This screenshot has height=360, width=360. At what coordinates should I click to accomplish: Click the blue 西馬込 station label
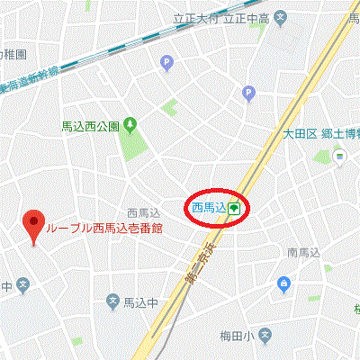[x=208, y=208]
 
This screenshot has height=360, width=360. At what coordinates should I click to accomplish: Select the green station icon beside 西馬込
[x=233, y=208]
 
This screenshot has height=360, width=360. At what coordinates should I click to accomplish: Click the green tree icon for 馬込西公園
[x=130, y=124]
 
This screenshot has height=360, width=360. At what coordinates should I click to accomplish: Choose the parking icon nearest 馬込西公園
[x=166, y=62]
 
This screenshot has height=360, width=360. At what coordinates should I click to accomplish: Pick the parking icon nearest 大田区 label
[x=249, y=93]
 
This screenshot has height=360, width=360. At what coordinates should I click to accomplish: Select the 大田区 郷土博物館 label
[x=320, y=134]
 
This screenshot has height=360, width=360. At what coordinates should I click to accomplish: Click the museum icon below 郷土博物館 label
[x=340, y=157]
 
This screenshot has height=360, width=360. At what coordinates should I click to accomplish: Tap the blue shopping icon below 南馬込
[x=284, y=284]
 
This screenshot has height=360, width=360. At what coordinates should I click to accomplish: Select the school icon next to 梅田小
[x=264, y=336]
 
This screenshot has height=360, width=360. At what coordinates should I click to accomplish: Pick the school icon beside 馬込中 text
[x=113, y=301]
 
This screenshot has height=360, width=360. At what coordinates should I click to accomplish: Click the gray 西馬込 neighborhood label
[x=143, y=212]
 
